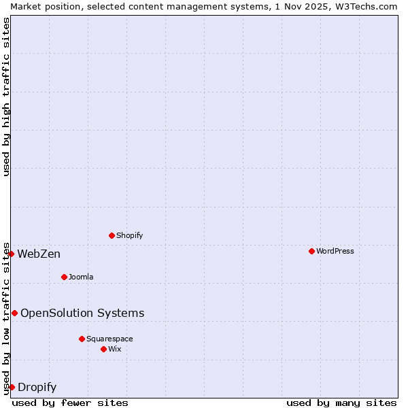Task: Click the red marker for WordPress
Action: (x=311, y=252)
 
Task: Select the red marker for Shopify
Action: (x=112, y=236)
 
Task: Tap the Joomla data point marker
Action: (x=64, y=277)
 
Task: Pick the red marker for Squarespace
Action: (x=82, y=339)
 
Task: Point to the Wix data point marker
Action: (x=103, y=350)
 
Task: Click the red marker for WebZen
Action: (x=11, y=254)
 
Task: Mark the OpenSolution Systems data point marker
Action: (x=14, y=313)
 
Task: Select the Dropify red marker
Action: (x=12, y=388)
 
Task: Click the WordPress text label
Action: (x=335, y=252)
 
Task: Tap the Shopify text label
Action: (x=129, y=236)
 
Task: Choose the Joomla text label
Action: (x=81, y=277)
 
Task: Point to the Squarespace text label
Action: (x=109, y=339)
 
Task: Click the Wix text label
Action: (x=115, y=350)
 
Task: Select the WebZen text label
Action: (x=39, y=254)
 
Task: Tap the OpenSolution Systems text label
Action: (x=82, y=313)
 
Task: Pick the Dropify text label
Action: (x=37, y=388)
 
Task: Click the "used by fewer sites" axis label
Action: (x=70, y=403)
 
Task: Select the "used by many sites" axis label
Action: (x=341, y=403)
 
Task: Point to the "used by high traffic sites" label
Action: (x=7, y=97)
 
